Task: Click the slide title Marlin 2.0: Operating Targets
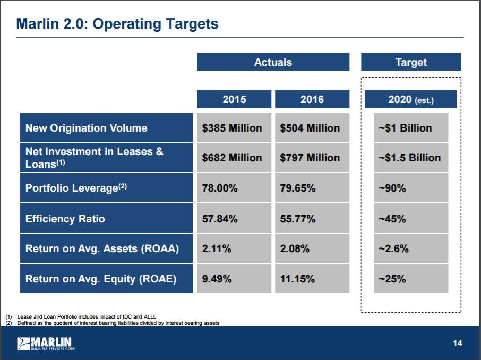117,24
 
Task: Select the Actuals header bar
273,62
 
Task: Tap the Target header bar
411,62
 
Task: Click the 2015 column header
234,99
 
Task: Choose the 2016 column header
312,99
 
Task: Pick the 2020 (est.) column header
411,99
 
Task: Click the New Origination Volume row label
87,128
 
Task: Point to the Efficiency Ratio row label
65,219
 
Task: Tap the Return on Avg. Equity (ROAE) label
101,279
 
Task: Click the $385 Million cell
232,128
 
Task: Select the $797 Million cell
310,158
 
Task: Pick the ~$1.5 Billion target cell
409,158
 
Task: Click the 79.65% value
298,188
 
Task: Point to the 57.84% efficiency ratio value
220,219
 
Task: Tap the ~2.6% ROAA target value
393,248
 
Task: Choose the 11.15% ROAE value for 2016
297,279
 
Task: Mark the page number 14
457,344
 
